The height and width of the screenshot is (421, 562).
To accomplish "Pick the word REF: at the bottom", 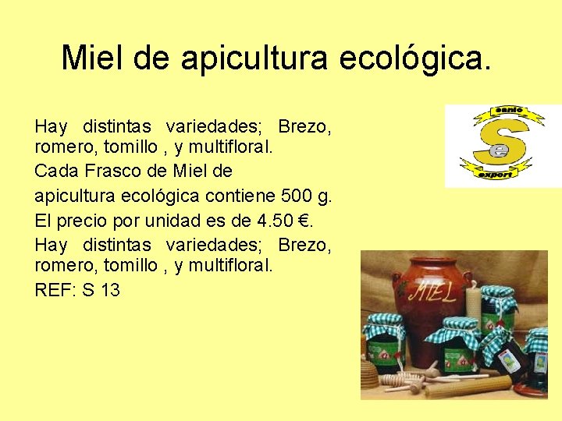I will [54, 291].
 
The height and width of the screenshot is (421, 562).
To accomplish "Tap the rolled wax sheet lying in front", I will [468, 387].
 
